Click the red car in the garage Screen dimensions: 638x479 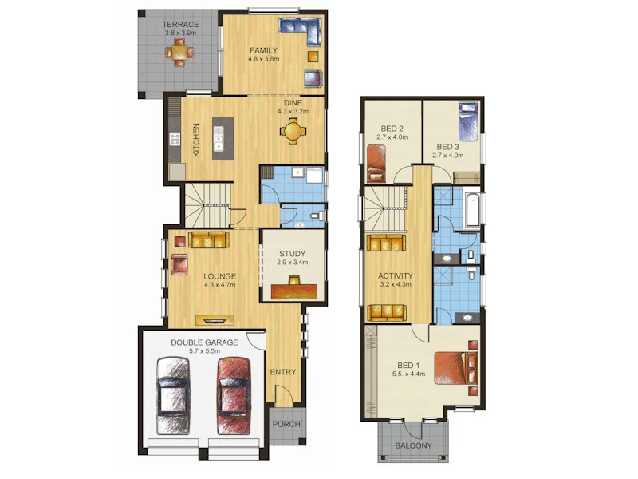234,396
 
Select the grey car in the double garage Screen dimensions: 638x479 173,396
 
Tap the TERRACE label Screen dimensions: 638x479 181,25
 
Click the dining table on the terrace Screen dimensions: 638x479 179,52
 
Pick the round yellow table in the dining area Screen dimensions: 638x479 293,131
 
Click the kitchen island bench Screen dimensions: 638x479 223,139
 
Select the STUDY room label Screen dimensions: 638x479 292,254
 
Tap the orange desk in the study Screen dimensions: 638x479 293,291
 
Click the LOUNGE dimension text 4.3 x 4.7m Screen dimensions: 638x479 220,285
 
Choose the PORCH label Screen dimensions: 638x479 286,424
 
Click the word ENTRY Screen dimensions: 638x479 283,372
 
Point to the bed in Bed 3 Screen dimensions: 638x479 468,121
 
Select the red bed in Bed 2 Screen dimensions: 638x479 376,164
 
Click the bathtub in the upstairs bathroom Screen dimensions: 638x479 473,211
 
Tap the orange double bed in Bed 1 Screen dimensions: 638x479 456,368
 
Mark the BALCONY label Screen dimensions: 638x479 413,445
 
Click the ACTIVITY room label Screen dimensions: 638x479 396,275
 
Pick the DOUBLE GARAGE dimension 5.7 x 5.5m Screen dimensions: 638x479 204,351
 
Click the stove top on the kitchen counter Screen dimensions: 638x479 175,139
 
